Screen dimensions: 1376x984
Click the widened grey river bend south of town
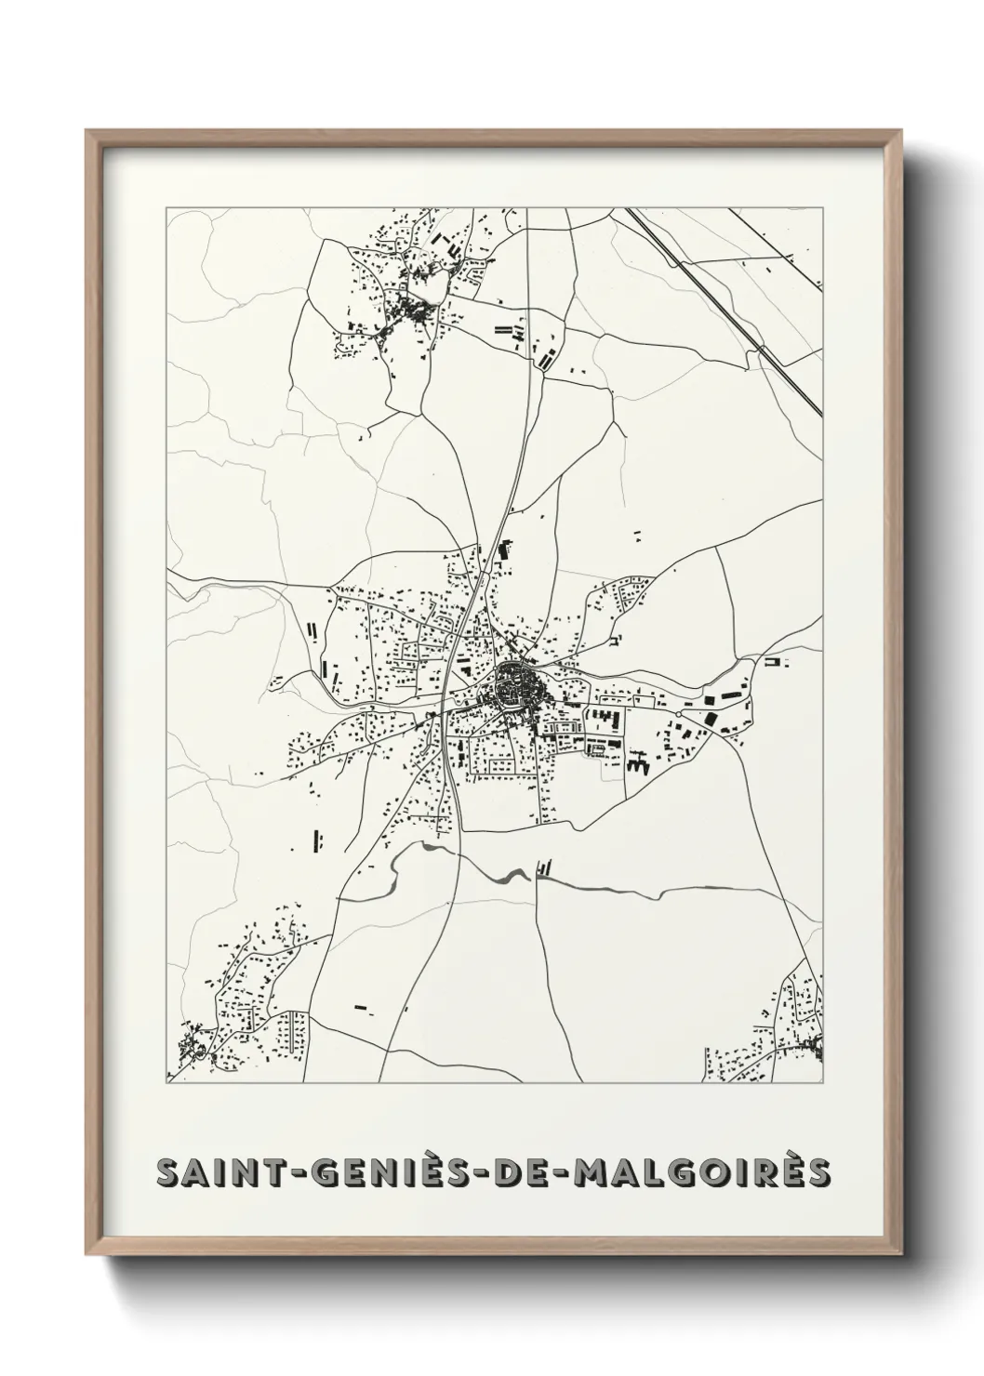point(512,875)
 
